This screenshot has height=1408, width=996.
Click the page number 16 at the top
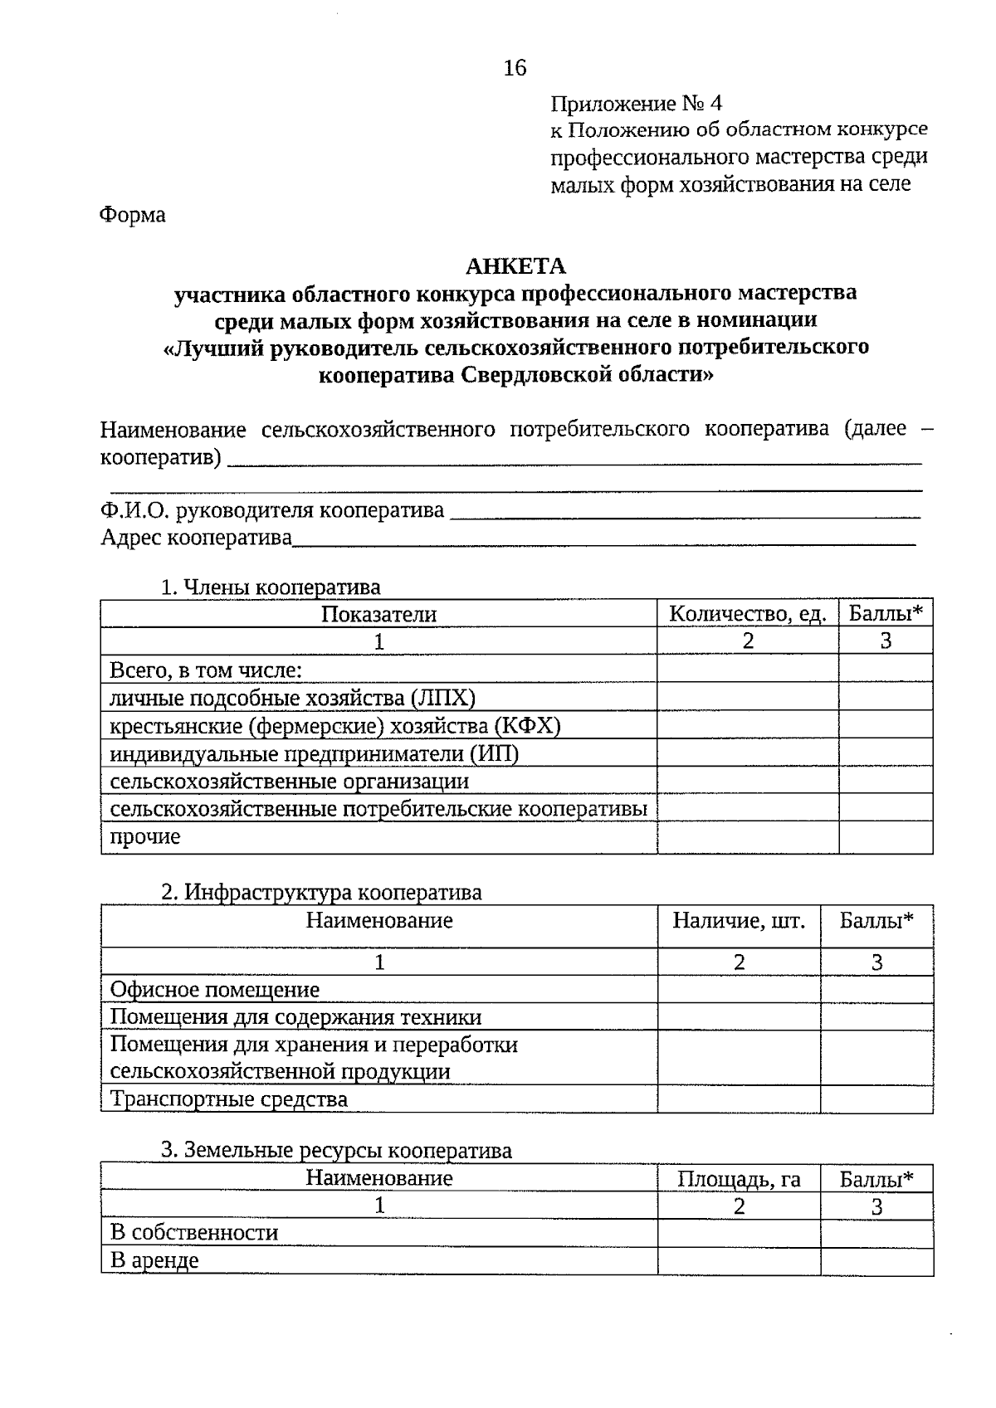point(515,68)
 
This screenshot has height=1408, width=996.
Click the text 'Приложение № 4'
point(637,104)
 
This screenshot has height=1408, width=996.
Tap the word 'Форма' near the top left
point(133,215)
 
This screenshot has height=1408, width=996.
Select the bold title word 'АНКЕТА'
point(515,266)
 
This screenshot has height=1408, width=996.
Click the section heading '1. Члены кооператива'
point(271,587)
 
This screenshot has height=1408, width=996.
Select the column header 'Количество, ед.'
point(748,614)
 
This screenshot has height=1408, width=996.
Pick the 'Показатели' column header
point(378,614)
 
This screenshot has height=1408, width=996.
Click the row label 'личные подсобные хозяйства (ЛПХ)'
point(293,698)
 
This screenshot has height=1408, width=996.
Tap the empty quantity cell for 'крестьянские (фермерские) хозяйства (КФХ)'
point(748,726)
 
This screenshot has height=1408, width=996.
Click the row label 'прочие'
point(145,836)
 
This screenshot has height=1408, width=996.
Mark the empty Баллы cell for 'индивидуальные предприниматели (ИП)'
point(886,753)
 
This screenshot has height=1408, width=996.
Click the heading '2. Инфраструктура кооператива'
point(321,893)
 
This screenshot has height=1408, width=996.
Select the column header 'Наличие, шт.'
point(739,921)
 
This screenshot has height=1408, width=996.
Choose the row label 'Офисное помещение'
point(215,990)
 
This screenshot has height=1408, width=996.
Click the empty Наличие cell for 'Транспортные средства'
point(739,1099)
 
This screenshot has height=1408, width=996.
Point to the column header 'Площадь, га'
point(739,1179)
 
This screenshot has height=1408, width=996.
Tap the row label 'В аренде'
point(155,1261)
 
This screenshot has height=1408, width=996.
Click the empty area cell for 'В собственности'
point(739,1233)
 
